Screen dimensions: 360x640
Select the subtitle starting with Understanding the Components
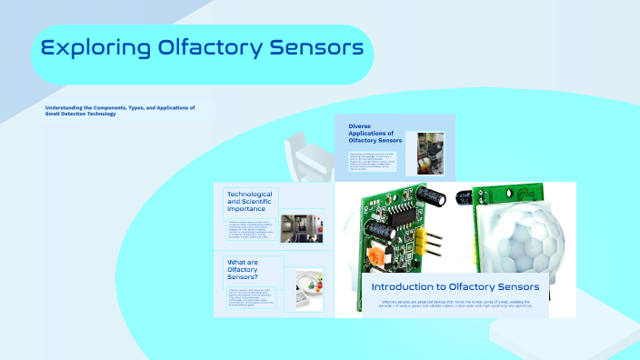120,110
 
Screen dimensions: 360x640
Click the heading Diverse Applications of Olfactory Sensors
375,134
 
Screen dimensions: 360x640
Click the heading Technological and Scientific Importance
250,201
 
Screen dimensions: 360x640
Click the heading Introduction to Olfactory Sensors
455,286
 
